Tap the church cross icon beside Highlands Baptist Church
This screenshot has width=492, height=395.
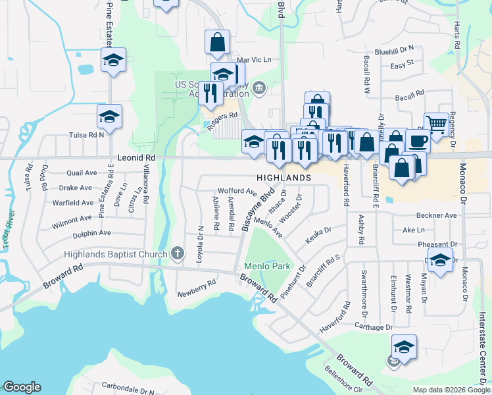(x=177, y=253)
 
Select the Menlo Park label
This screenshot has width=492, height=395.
(x=267, y=267)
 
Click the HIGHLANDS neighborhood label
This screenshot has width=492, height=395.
(x=283, y=178)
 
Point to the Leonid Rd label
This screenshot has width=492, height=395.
(x=136, y=158)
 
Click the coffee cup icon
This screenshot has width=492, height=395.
(x=418, y=140)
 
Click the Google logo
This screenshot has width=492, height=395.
(x=22, y=387)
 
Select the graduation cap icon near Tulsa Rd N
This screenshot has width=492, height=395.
(x=109, y=117)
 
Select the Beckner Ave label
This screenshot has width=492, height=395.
(x=436, y=215)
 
